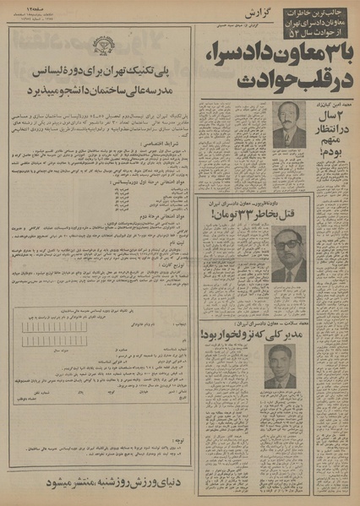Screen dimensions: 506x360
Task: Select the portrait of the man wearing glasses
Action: (x=288, y=253)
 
